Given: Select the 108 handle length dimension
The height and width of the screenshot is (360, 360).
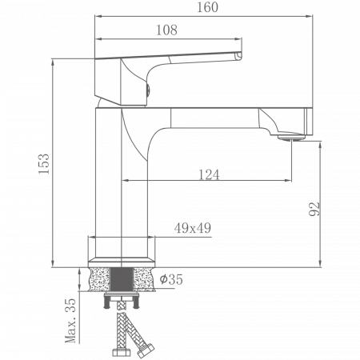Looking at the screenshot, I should click(166, 30).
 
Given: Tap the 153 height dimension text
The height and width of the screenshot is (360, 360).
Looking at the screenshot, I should click(45, 163).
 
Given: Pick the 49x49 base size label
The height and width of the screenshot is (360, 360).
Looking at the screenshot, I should click(192, 229).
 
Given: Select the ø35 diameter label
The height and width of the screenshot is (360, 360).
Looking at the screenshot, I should click(172, 279).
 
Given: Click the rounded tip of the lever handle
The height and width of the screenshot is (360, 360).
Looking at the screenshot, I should click(238, 56).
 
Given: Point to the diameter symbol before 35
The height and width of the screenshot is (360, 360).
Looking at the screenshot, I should click(163, 279).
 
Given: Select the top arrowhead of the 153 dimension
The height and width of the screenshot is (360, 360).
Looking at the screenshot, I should click(53, 61).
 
